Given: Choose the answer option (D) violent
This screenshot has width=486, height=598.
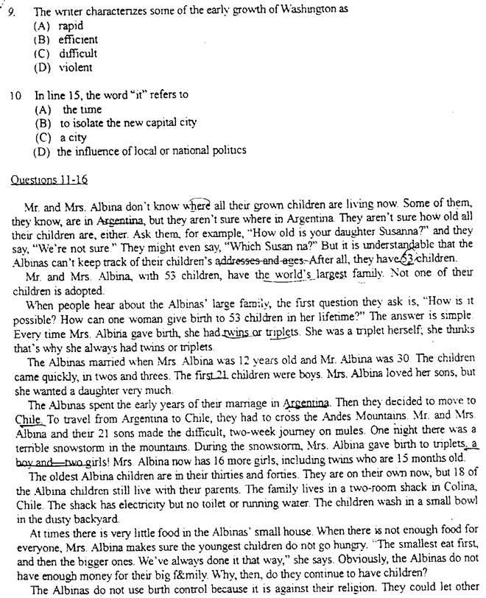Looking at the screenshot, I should pos(63,67).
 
